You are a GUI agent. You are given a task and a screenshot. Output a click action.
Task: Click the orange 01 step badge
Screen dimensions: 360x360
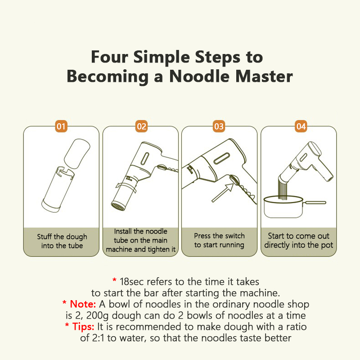(x=61, y=126)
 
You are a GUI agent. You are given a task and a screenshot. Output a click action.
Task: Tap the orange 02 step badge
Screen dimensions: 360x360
(x=141, y=126)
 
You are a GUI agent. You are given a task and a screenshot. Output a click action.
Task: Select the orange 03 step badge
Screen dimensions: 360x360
(x=219, y=126)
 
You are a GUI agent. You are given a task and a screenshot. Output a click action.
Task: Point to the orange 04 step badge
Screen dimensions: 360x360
(x=301, y=126)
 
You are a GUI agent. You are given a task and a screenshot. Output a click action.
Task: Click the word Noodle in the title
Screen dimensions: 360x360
(x=199, y=76)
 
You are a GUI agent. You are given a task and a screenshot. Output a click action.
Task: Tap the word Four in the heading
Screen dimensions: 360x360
(x=109, y=57)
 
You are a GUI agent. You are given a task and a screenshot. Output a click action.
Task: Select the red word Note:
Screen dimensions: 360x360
(x=83, y=304)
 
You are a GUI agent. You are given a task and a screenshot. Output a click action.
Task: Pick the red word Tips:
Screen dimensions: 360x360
(x=83, y=327)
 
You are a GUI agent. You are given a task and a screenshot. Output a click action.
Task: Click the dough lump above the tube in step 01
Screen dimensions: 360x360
(x=77, y=153)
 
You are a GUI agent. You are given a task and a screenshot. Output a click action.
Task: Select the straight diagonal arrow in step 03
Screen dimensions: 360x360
(x=222, y=193)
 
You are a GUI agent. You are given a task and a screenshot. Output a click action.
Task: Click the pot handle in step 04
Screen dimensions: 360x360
(x=314, y=202)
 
